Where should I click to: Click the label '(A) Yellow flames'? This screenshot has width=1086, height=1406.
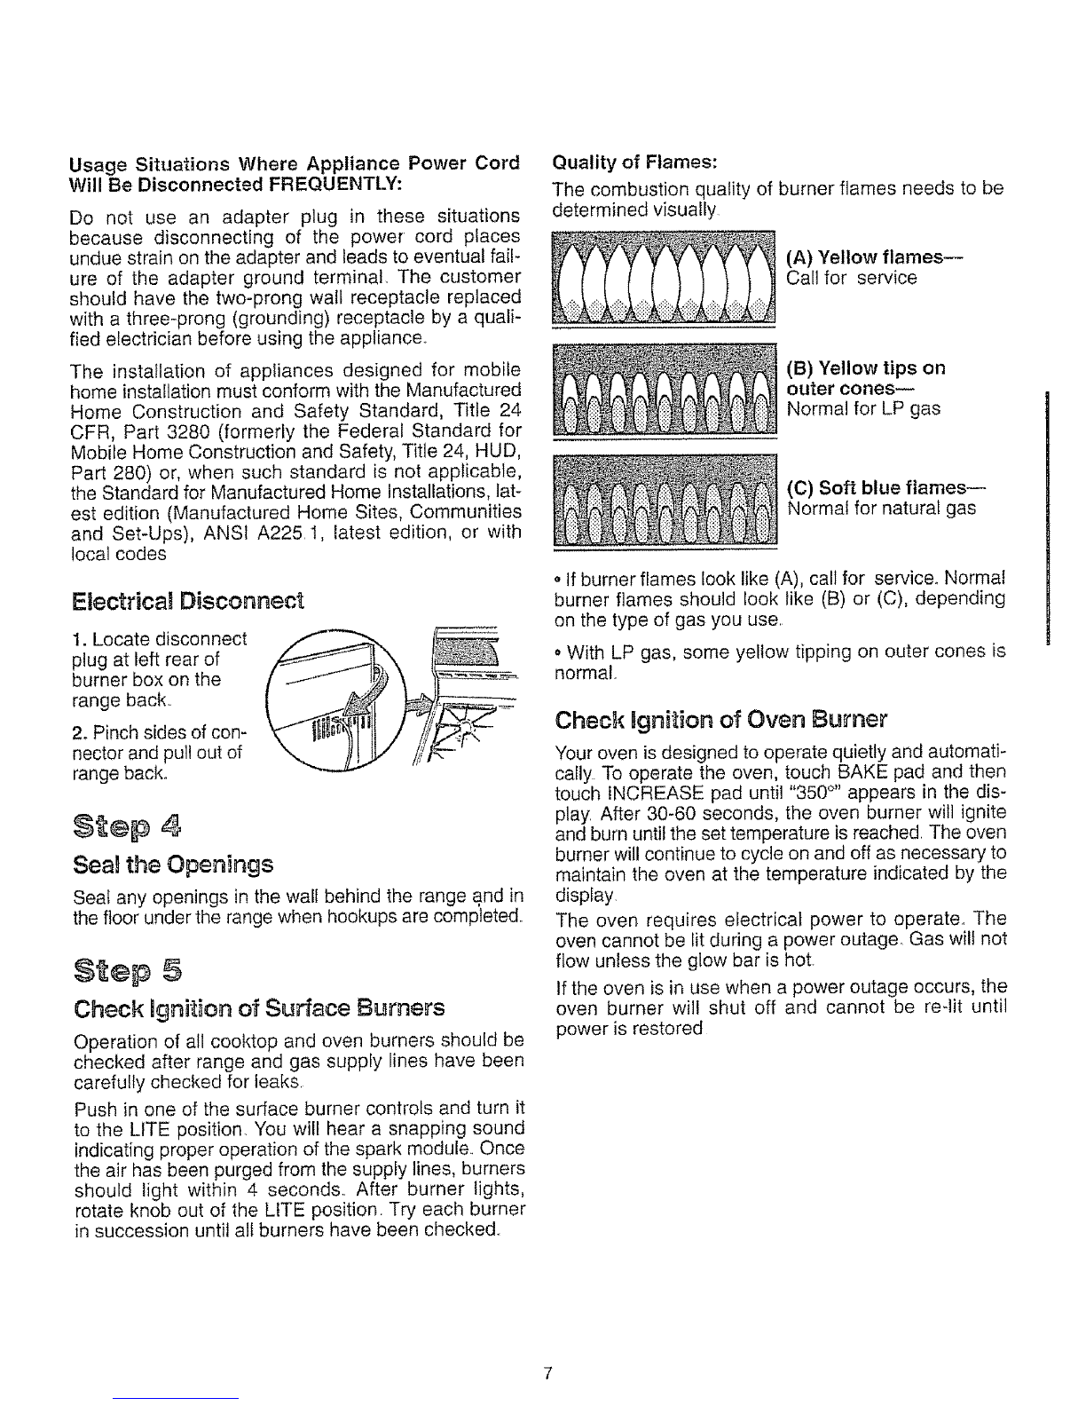pyautogui.click(x=873, y=257)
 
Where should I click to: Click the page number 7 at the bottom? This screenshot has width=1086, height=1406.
pyautogui.click(x=548, y=1375)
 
